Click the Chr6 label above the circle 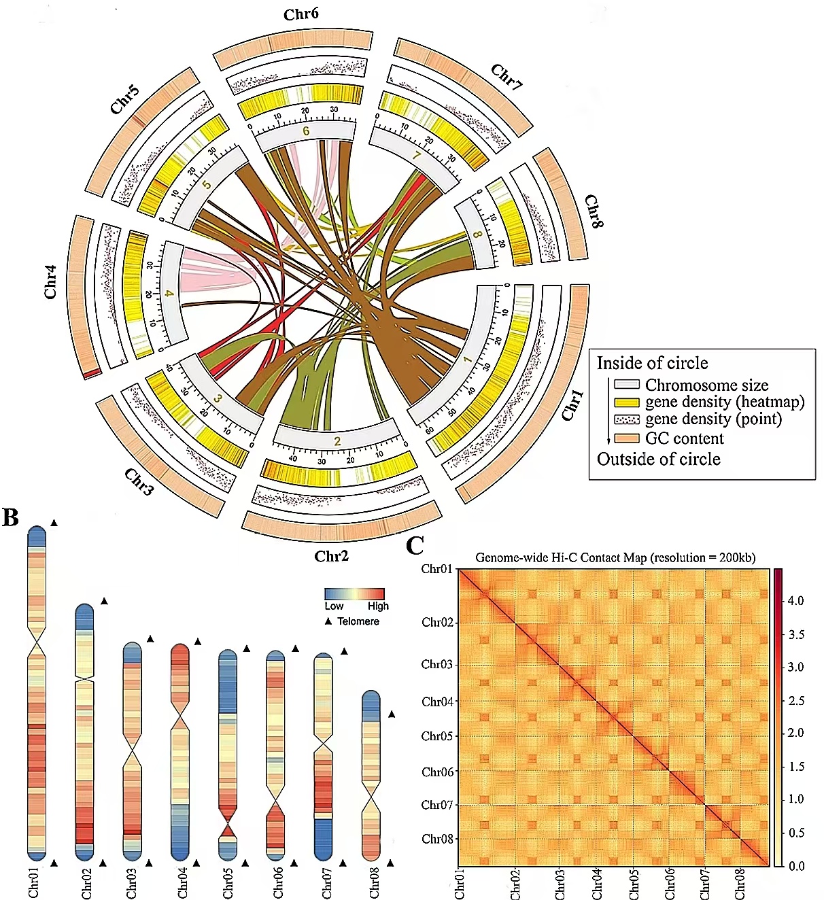[x=301, y=14]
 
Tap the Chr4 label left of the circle [x=51, y=282]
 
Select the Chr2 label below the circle [x=331, y=556]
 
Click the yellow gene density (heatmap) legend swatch [x=627, y=402]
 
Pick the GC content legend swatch [x=627, y=438]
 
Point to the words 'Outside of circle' [x=658, y=460]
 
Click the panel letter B [x=10, y=517]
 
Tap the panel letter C [x=415, y=545]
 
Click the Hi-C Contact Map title [x=615, y=557]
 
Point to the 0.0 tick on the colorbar [x=795, y=865]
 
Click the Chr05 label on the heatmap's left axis [x=437, y=736]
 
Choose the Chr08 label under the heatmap [x=740, y=883]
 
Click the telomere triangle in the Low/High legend [x=328, y=621]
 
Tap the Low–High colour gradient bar [x=354, y=593]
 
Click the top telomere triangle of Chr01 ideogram [x=54, y=523]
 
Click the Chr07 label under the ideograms [x=327, y=883]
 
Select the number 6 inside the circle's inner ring [x=306, y=131]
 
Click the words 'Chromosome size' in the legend [x=706, y=385]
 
